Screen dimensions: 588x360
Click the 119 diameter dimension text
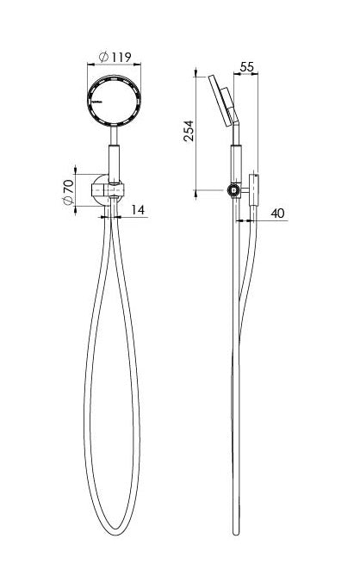(x=121, y=57)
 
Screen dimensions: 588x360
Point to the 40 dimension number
(x=276, y=213)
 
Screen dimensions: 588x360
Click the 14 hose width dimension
(x=139, y=208)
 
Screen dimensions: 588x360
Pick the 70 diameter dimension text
(x=66, y=190)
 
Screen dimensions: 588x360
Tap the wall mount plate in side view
(x=254, y=190)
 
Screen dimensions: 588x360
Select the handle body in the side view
(x=235, y=164)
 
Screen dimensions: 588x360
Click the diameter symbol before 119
(x=103, y=57)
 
